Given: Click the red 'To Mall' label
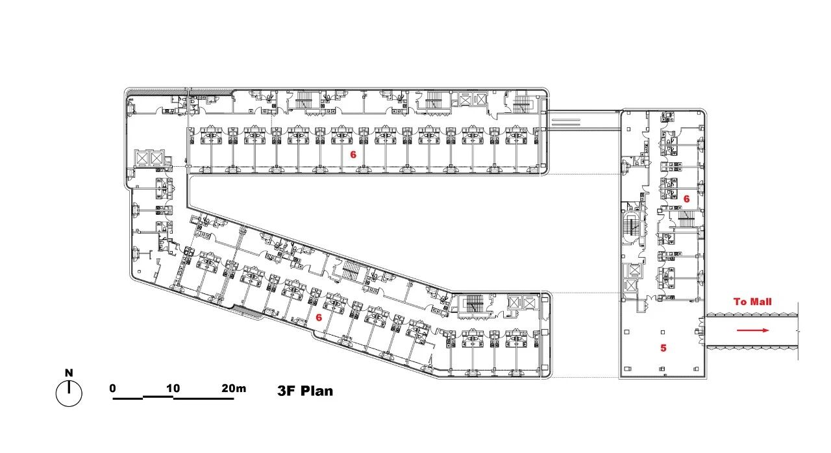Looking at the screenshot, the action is [x=752, y=302].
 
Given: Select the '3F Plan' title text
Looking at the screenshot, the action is [x=305, y=391].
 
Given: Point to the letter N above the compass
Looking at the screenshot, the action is [x=69, y=373].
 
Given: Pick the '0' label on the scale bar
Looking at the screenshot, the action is [x=113, y=388].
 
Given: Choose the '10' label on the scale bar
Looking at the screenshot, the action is [x=173, y=388].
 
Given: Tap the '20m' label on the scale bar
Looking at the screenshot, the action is [x=234, y=388].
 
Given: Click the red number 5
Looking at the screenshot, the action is [x=664, y=348].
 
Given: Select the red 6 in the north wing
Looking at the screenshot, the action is [x=353, y=154].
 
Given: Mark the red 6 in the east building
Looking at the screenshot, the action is [x=687, y=199].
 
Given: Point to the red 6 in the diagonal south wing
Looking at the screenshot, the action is [x=319, y=317].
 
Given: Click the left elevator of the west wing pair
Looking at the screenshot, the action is [x=142, y=158].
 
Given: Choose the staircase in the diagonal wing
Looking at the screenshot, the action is [x=349, y=270].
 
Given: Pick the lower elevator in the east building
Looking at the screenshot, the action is [x=631, y=286].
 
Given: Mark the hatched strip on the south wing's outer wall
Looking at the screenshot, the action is [x=248, y=312].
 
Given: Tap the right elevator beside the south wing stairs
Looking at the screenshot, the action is [x=529, y=303].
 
